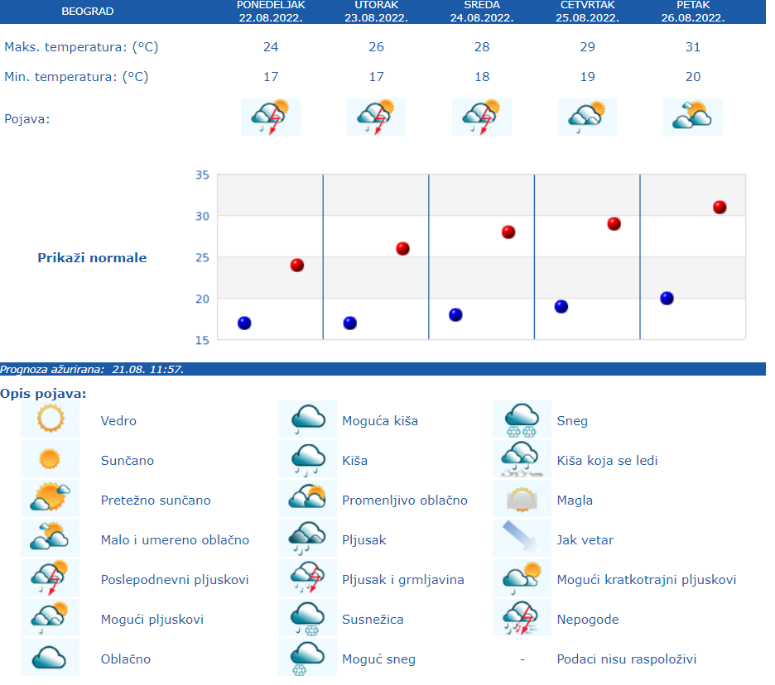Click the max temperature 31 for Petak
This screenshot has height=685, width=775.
(x=693, y=47)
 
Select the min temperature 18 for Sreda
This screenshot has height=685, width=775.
(x=482, y=77)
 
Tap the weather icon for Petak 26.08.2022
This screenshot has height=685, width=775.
(x=693, y=117)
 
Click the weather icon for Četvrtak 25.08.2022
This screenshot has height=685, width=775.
(x=587, y=117)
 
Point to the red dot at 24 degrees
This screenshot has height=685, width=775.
(x=297, y=266)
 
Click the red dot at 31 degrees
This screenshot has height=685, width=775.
(x=720, y=208)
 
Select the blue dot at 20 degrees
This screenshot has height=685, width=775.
(x=667, y=299)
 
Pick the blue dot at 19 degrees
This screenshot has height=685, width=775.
(x=561, y=307)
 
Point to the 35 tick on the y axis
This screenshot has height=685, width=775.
(x=202, y=175)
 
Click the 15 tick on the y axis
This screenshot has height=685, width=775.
(x=202, y=339)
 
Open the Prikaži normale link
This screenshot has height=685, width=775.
(x=92, y=258)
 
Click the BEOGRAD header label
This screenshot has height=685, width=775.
(x=88, y=12)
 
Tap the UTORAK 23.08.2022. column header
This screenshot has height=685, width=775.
(x=376, y=12)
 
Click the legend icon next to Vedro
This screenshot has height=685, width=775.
(x=50, y=419)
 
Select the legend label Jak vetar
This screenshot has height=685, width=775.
(x=585, y=540)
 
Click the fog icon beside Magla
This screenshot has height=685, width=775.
(x=522, y=500)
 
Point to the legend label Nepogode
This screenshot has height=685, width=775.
(x=588, y=620)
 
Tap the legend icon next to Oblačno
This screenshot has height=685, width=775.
(x=50, y=659)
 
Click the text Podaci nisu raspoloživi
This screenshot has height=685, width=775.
(x=627, y=659)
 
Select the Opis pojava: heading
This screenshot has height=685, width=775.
(x=44, y=394)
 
